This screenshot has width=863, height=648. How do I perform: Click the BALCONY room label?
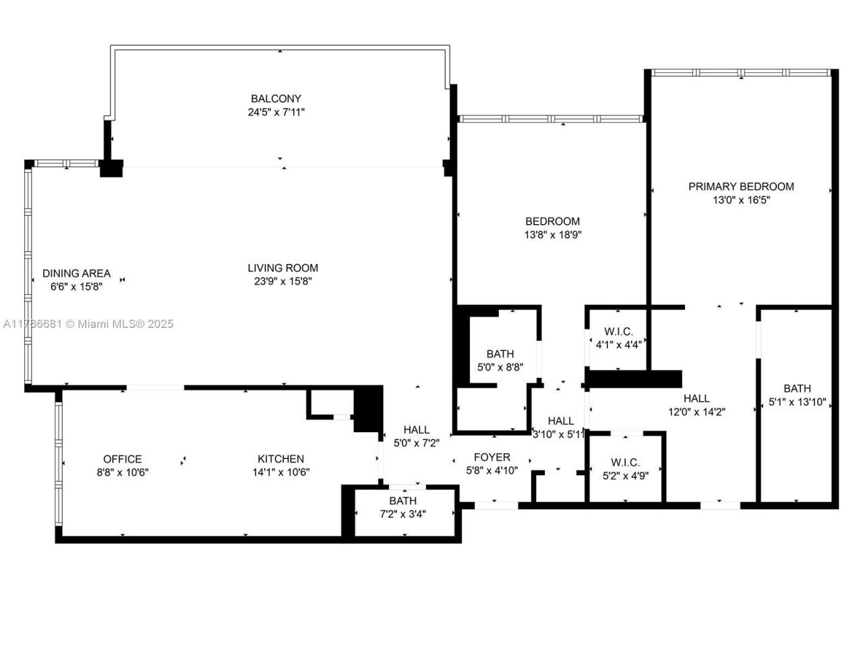pyautogui.click(x=276, y=99)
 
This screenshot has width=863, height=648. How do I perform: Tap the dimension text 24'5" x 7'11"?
pyautogui.click(x=276, y=113)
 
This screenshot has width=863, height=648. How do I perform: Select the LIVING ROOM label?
pyautogui.click(x=282, y=268)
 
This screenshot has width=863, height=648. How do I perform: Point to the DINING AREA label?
pyautogui.click(x=76, y=273)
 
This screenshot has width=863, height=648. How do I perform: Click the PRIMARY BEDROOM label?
pyautogui.click(x=741, y=186)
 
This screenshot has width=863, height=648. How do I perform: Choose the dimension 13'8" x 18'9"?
pyautogui.click(x=552, y=235)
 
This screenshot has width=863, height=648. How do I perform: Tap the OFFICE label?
pyautogui.click(x=122, y=459)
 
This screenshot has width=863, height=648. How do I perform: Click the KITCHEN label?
pyautogui.click(x=280, y=459)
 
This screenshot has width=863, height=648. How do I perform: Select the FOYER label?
pyautogui.click(x=492, y=457)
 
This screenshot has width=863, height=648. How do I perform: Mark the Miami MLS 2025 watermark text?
pyautogui.click(x=88, y=324)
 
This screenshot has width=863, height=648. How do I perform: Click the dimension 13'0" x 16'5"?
pyautogui.click(x=741, y=200)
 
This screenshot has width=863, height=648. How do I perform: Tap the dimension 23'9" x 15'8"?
pyautogui.click(x=282, y=282)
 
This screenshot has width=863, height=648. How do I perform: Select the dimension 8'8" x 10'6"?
pyautogui.click(x=122, y=473)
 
